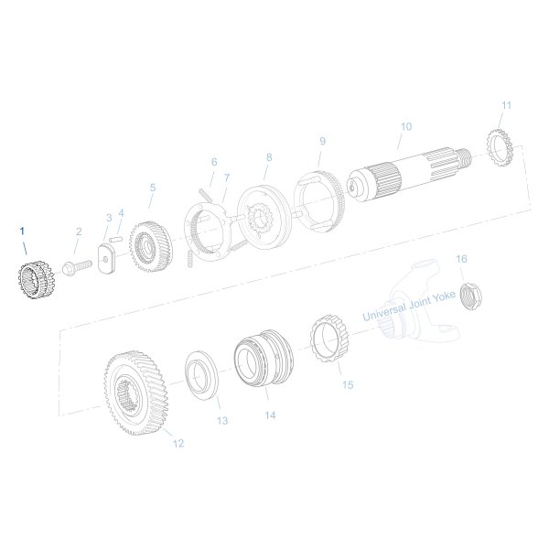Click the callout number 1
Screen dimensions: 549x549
click(x=25, y=230)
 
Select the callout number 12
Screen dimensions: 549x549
click(x=178, y=444)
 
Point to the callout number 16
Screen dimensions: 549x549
click(x=461, y=259)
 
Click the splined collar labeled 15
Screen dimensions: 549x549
click(x=329, y=340)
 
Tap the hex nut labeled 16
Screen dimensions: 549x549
click(x=469, y=295)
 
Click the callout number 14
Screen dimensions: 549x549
click(x=270, y=414)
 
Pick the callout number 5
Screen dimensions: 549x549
click(x=152, y=188)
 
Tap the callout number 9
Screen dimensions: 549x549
click(x=322, y=141)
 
